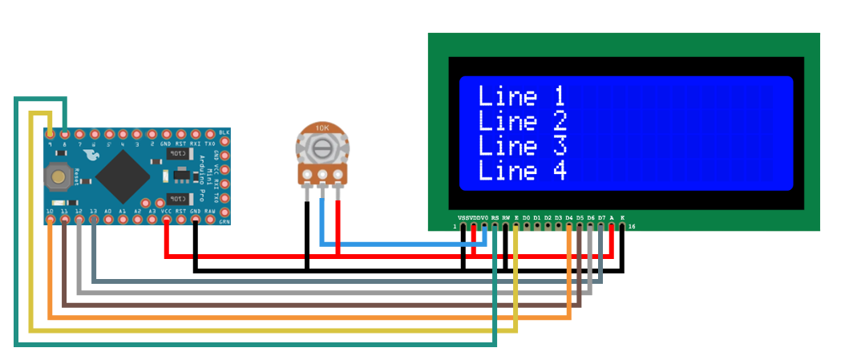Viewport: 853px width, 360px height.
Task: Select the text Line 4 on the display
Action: click(521, 171)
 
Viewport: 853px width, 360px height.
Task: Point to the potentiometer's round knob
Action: click(322, 148)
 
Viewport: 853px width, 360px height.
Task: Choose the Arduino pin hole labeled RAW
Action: click(210, 218)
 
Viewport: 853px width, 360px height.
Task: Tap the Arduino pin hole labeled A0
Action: click(108, 218)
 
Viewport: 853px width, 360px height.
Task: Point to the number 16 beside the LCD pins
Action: click(633, 228)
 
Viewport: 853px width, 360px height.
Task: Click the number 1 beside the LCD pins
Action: click(455, 228)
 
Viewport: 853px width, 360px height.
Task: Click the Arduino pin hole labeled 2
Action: click(152, 134)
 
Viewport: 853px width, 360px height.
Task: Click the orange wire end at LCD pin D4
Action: click(569, 228)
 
